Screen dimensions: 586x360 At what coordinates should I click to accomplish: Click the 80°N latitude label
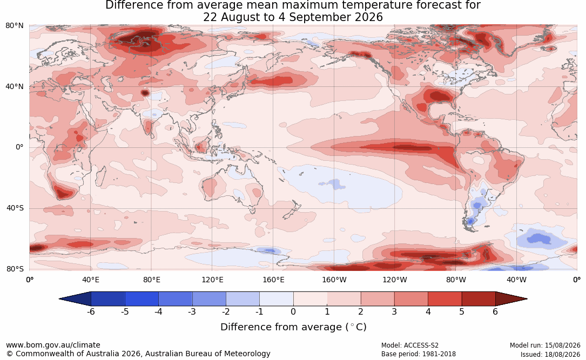[14, 26]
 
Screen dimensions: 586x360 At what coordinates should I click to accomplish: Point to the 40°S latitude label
[15, 208]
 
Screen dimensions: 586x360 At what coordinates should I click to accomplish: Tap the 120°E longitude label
[212, 280]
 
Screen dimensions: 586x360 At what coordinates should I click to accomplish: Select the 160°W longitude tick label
[334, 280]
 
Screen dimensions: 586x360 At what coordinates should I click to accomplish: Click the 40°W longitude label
[516, 280]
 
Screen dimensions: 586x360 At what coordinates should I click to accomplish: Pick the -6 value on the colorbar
[90, 311]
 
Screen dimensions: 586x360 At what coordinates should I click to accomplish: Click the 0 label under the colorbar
[293, 311]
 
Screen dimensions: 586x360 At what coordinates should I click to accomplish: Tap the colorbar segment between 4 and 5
[444, 299]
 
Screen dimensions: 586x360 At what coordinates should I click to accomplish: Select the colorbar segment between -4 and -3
[176, 299]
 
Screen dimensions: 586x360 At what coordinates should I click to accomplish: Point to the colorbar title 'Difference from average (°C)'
[293, 327]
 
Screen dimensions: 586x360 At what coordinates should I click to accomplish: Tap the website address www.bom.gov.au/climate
[53, 345]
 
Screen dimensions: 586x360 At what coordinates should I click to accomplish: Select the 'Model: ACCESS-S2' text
[409, 345]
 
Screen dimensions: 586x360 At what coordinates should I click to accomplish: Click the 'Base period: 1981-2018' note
[419, 354]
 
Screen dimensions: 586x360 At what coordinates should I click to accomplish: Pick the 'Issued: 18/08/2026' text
[550, 354]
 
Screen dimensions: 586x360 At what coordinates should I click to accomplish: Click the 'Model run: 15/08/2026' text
[545, 345]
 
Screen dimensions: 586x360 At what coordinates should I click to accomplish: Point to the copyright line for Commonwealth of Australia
[138, 354]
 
